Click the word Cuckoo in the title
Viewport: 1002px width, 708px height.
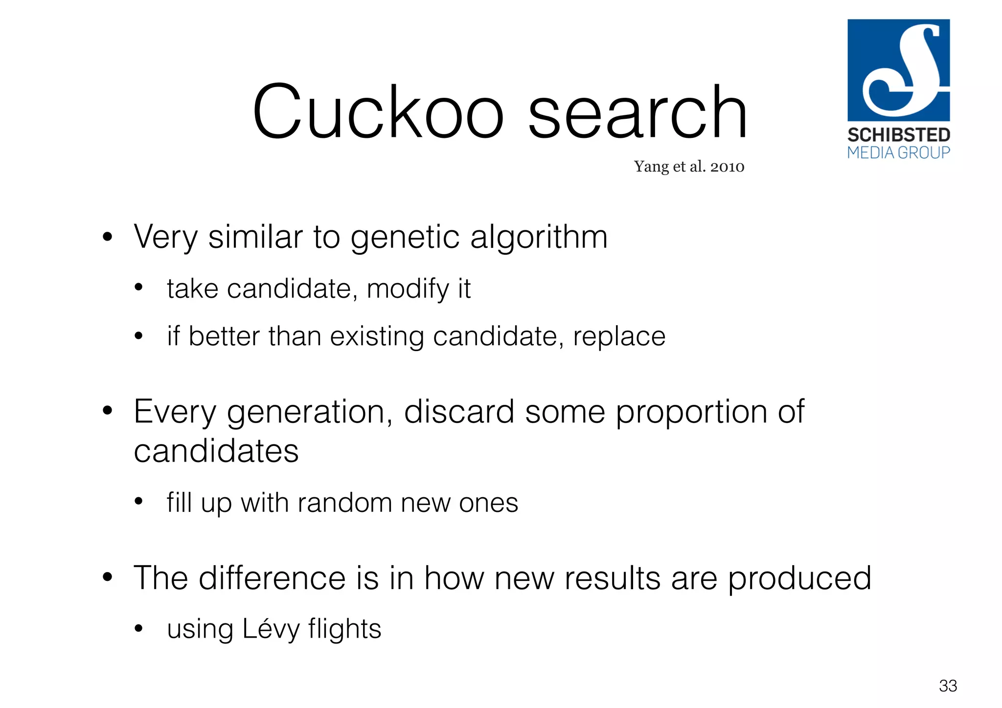(378, 112)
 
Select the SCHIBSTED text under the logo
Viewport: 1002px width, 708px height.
(899, 135)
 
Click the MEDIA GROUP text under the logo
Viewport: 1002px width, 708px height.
(899, 153)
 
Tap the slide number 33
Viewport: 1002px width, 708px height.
(948, 686)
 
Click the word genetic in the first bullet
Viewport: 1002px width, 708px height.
(405, 238)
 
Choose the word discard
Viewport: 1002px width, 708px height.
(459, 412)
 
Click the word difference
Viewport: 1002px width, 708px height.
(273, 578)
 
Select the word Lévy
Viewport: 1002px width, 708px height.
(271, 630)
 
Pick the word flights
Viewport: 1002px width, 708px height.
(344, 630)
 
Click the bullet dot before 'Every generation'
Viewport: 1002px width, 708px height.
(108, 410)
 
